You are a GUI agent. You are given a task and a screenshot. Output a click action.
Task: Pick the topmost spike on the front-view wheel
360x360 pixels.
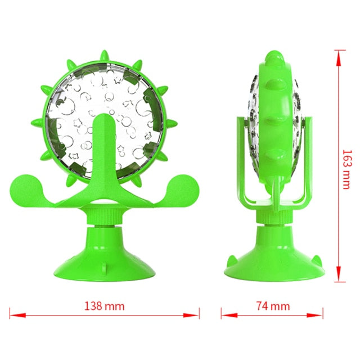(104, 56)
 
